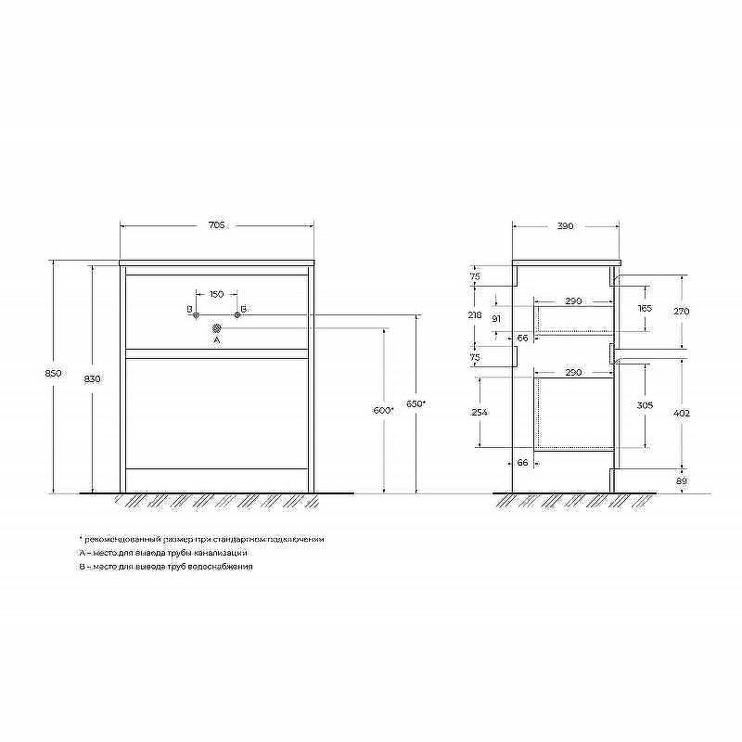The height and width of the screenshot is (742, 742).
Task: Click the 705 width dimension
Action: (216, 225)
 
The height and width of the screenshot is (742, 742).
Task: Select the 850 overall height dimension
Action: (54, 373)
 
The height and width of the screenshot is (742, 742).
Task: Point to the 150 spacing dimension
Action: (216, 294)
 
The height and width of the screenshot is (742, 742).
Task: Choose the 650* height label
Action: (416, 403)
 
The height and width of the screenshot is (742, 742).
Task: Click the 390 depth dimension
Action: (566, 225)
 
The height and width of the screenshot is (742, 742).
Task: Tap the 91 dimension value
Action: (497, 319)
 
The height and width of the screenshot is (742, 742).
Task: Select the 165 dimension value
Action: (646, 308)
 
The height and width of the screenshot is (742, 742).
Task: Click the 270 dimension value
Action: (682, 311)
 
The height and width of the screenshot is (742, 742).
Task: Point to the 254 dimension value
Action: (479, 412)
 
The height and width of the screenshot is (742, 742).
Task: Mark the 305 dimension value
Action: (646, 405)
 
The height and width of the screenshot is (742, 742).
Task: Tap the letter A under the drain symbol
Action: (216, 340)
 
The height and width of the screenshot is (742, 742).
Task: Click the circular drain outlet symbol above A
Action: (216, 327)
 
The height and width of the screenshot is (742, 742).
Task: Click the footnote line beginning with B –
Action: (166, 566)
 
